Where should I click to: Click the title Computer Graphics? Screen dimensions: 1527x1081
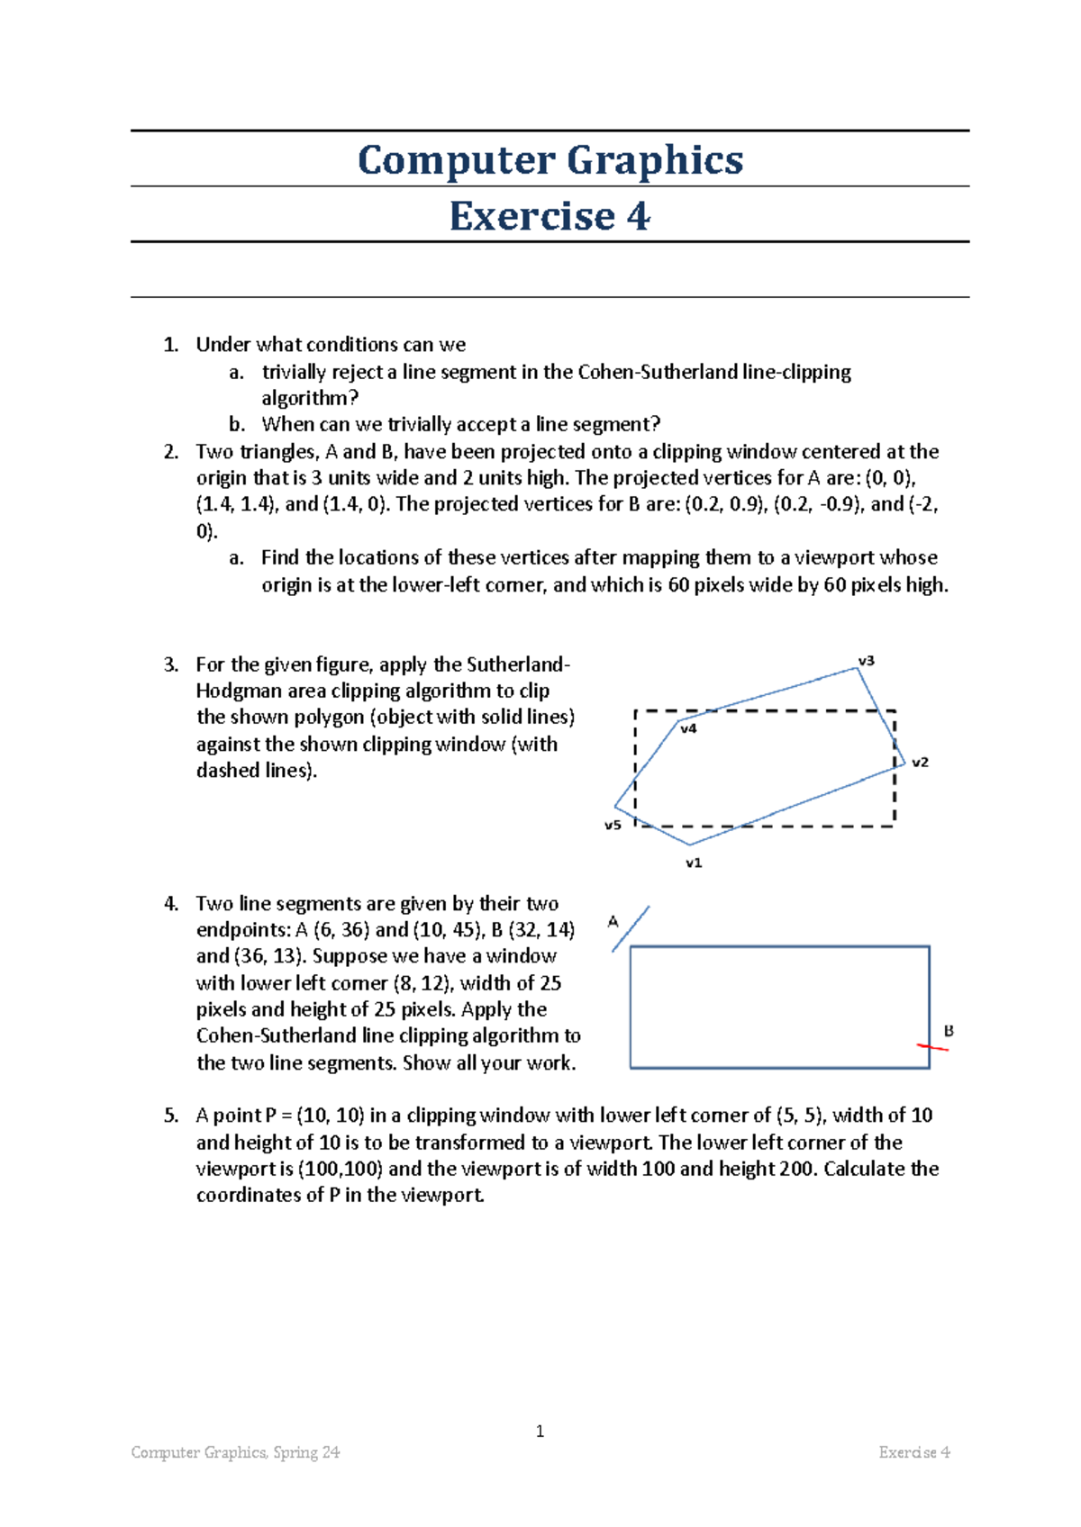(550, 160)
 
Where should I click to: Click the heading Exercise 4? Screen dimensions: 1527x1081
(550, 216)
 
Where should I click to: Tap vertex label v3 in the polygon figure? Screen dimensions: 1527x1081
(866, 661)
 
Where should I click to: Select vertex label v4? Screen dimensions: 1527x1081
(688, 728)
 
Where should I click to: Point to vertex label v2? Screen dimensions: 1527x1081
(920, 762)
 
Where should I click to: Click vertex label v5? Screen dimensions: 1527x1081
(613, 825)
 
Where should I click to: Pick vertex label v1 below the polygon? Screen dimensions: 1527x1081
(694, 863)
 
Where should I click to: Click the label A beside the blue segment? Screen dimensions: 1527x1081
(613, 921)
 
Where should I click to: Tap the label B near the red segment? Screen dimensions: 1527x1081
(949, 1031)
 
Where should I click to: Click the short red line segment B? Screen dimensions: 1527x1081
(932, 1047)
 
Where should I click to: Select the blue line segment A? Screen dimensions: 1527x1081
(631, 928)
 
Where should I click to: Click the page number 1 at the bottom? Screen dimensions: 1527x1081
(540, 1432)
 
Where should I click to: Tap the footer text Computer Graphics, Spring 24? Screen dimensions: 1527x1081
(235, 1452)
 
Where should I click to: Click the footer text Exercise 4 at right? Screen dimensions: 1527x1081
(914, 1452)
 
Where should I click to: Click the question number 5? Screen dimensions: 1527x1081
(171, 1116)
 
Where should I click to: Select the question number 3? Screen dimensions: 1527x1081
(171, 665)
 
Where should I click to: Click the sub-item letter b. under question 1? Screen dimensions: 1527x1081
(237, 424)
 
